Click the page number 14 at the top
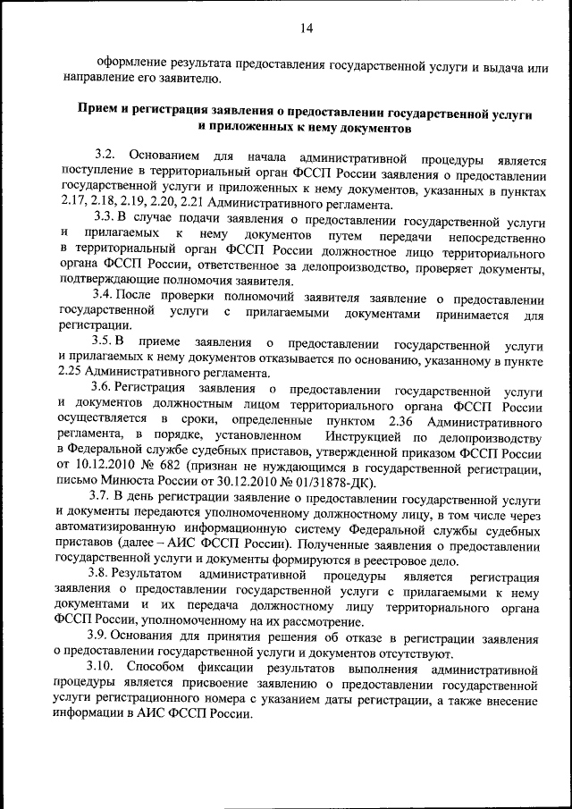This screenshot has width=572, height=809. tap(307, 29)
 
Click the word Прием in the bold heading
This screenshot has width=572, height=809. tap(95, 114)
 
